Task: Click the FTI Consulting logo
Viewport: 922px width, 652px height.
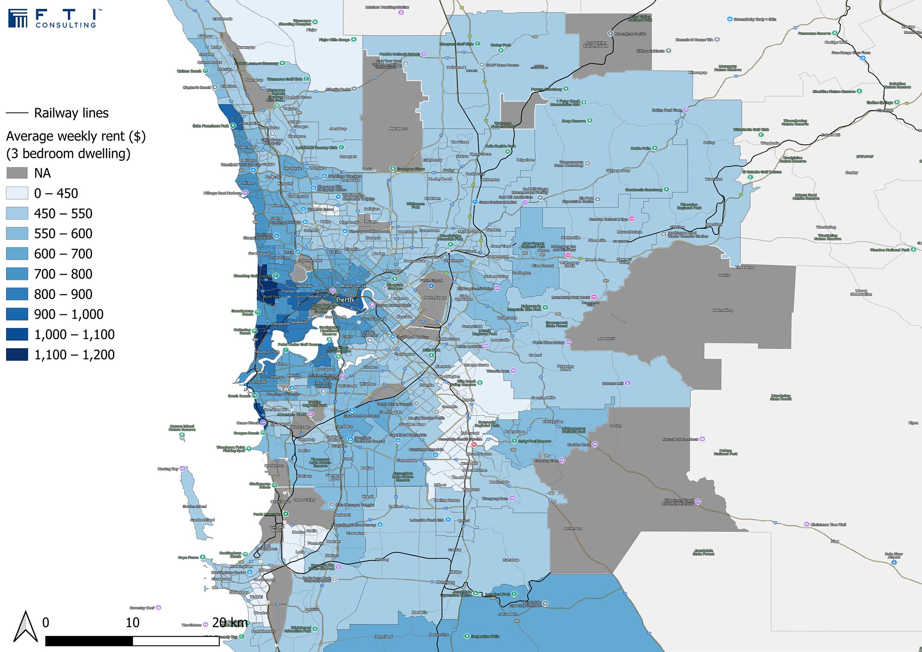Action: (53, 18)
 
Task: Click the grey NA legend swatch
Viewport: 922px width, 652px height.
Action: (17, 173)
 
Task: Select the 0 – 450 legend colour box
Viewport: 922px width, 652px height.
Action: (17, 193)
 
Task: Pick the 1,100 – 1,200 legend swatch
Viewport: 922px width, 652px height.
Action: (17, 355)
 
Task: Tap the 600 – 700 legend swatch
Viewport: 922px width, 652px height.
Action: (17, 254)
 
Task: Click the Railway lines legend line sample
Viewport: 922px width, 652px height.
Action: (17, 113)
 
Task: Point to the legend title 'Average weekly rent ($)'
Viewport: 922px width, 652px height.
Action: (76, 136)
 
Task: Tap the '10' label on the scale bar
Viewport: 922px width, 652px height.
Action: (132, 623)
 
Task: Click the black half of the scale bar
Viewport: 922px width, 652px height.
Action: (89, 641)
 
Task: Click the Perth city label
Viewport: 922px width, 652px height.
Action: (345, 300)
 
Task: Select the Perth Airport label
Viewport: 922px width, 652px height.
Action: (435, 297)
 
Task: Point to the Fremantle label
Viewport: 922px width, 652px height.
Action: (258, 382)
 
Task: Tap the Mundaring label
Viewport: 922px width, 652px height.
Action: (595, 260)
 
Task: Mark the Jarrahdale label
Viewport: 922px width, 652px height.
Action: (508, 614)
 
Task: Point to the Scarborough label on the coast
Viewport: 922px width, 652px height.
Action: (260, 254)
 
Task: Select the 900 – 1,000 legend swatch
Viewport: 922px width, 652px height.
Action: (17, 314)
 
